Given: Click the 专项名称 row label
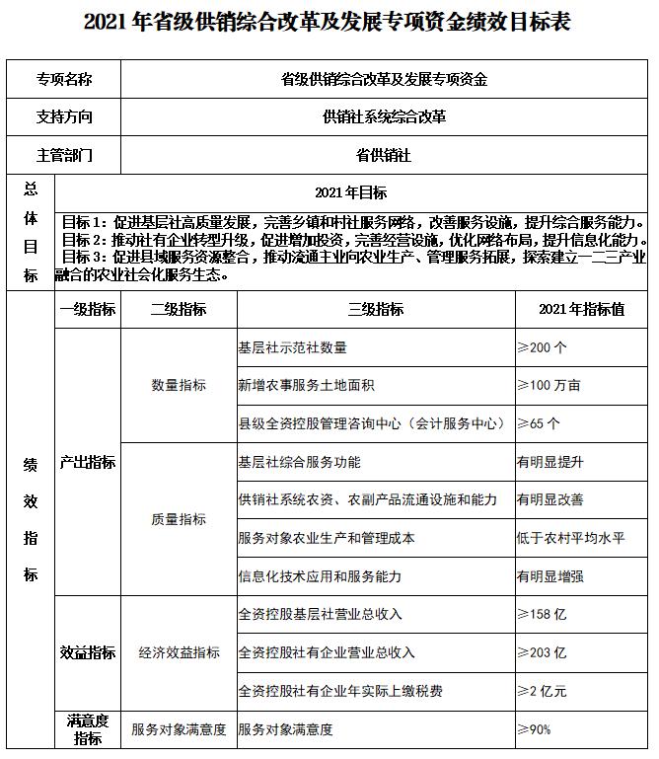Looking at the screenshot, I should coord(64,79).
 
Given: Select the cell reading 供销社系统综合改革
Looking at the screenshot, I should coord(384,116).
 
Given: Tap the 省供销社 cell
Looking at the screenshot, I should coord(384,155).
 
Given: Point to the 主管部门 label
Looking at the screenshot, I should coord(64,155).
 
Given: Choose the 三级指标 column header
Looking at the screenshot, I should coord(376,309).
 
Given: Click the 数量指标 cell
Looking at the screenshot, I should coord(179,385).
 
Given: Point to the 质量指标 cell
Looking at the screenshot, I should coord(179,519).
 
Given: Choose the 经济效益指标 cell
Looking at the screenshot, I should coord(179,652).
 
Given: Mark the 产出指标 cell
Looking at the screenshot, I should coord(88,462).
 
